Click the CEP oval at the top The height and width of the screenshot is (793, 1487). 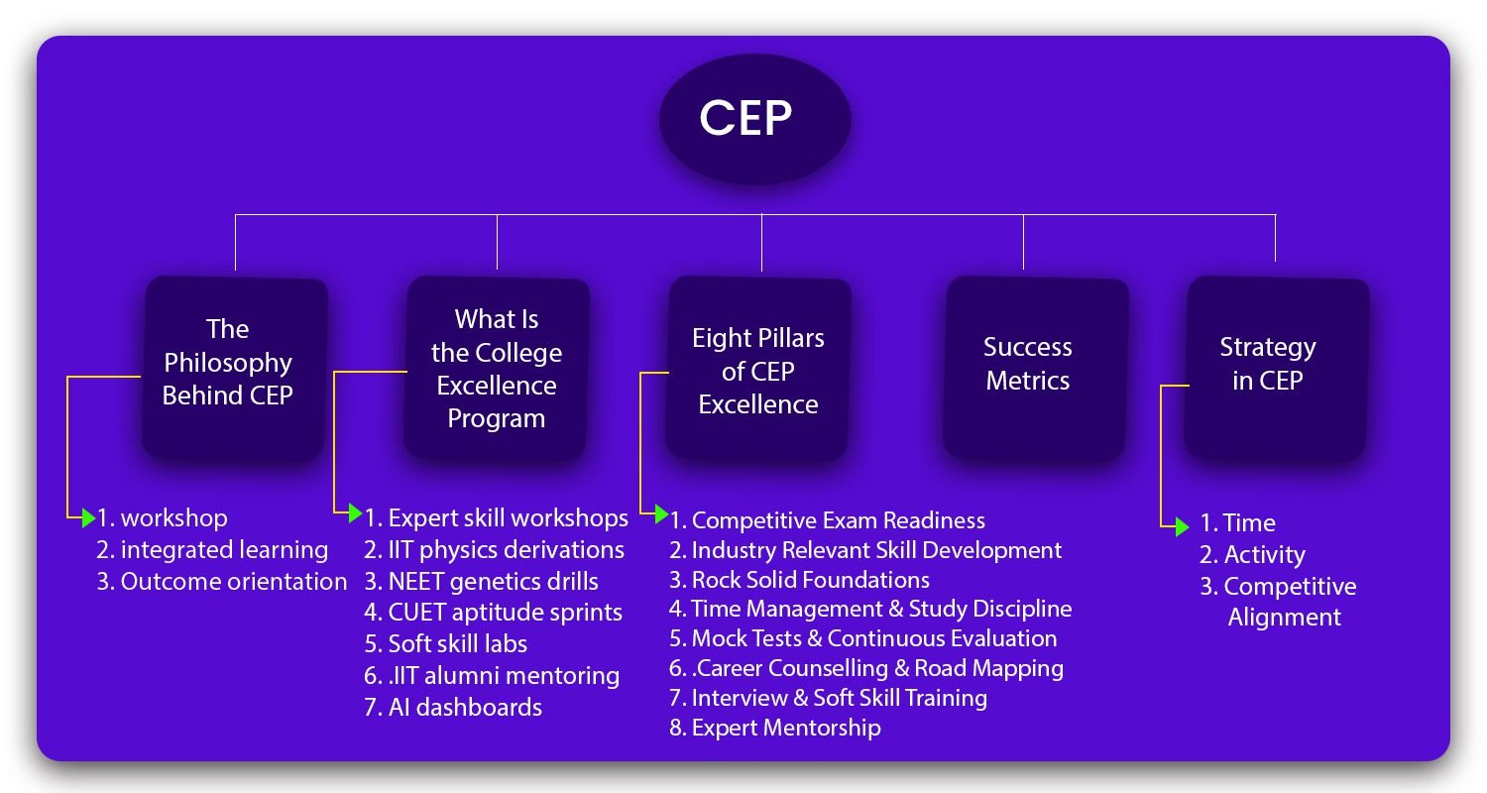click(754, 119)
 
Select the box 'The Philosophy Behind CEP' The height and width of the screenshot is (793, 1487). click(234, 368)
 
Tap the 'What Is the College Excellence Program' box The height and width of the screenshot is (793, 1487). click(497, 368)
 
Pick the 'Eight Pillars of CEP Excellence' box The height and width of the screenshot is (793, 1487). click(758, 368)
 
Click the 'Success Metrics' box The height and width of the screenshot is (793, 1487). click(1036, 368)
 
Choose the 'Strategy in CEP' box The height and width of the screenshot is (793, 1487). click(1277, 368)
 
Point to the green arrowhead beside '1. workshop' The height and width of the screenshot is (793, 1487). click(88, 517)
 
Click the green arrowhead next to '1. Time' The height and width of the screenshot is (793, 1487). click(1182, 527)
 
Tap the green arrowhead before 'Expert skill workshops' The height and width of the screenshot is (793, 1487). click(355, 512)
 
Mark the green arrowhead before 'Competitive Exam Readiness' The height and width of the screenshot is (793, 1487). click(661, 513)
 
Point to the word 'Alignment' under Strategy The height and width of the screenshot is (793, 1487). click(1284, 618)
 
